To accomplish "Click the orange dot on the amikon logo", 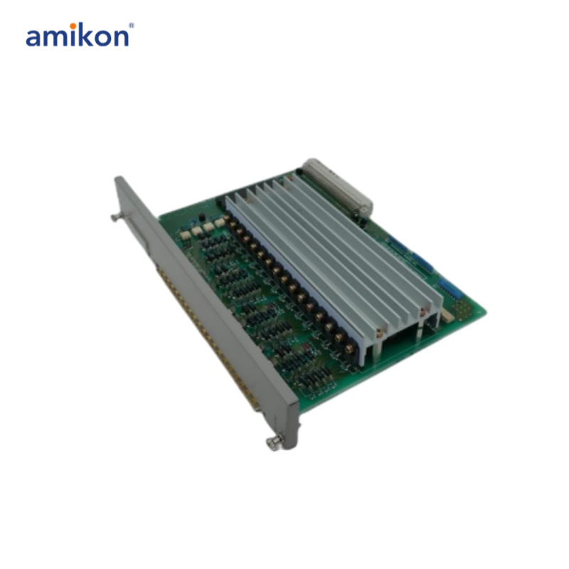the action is point(73,26).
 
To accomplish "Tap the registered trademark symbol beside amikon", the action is point(131,26).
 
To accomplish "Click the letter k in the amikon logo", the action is point(87,35).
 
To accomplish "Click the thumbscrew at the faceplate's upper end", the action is point(116,218).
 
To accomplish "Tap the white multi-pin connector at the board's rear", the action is point(337,188).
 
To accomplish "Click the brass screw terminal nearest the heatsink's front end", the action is point(349,349).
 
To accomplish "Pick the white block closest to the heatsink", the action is point(220,222).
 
